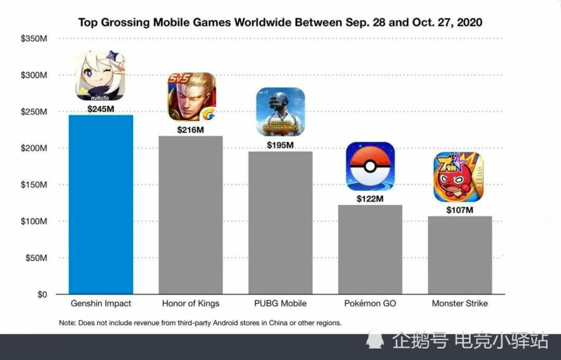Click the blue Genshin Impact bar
point(101,205)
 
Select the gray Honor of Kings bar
point(191,215)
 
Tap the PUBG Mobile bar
point(280,223)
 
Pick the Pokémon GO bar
point(370,250)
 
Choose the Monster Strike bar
point(460,255)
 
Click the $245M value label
point(101,109)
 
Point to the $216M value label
point(191,130)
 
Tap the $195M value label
point(280,145)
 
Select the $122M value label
point(370,199)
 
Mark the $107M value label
point(460,210)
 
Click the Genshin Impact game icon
point(100,76)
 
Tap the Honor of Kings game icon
point(192,97)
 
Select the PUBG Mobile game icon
point(281,112)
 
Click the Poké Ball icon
point(370,166)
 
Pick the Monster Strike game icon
point(459,177)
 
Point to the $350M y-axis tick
point(34,39)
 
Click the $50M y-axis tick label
point(36,258)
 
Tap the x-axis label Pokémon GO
point(370,303)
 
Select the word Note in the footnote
point(67,323)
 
